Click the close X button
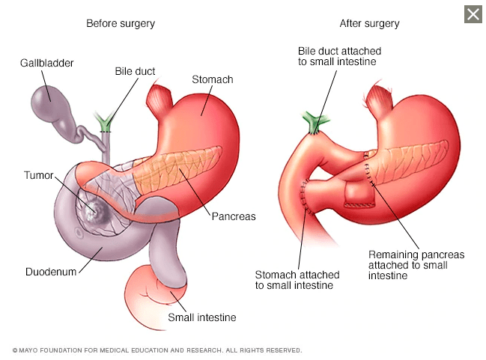point(473,14)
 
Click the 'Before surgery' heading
point(121,23)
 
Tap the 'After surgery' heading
point(369,23)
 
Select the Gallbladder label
point(46,63)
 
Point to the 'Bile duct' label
point(135,71)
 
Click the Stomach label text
point(213,79)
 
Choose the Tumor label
point(39,175)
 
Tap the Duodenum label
point(51,272)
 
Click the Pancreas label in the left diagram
point(234,216)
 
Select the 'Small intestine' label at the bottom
point(202,317)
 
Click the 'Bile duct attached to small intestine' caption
point(339,56)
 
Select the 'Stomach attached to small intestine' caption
point(297,280)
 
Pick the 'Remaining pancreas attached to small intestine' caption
point(416,265)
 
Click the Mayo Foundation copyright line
point(157,350)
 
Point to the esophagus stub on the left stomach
point(159,98)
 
